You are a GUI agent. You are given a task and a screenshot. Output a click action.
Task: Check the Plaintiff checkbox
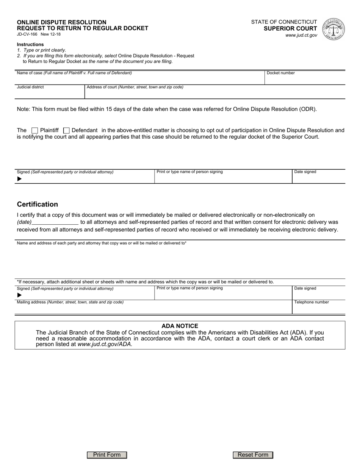point(34,130)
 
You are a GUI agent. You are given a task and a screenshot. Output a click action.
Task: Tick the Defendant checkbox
point(66,130)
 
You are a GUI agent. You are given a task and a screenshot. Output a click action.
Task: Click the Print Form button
point(107,455)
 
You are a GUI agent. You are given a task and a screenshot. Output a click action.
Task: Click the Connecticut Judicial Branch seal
point(333,29)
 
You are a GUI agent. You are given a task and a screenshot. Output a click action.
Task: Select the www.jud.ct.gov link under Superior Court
point(301,35)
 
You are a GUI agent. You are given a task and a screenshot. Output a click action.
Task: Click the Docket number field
point(304,79)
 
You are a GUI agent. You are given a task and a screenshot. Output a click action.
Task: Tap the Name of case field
point(139,79)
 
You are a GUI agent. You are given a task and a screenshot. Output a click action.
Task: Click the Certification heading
point(38,204)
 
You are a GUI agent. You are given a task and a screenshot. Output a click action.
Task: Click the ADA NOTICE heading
point(180,326)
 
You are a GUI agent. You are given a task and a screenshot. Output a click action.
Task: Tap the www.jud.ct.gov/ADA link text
point(105,344)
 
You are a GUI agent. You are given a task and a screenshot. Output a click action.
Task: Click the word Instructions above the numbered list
point(30,44)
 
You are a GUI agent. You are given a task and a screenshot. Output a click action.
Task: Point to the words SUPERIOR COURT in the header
point(290,28)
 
